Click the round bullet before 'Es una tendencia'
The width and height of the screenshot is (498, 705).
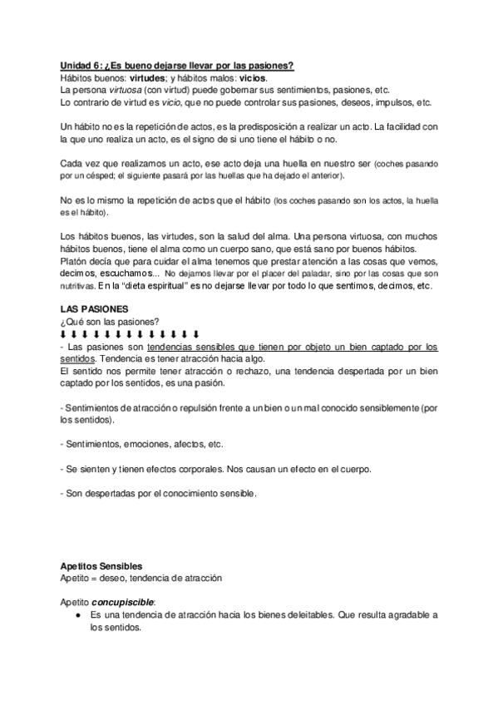tap(76, 614)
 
